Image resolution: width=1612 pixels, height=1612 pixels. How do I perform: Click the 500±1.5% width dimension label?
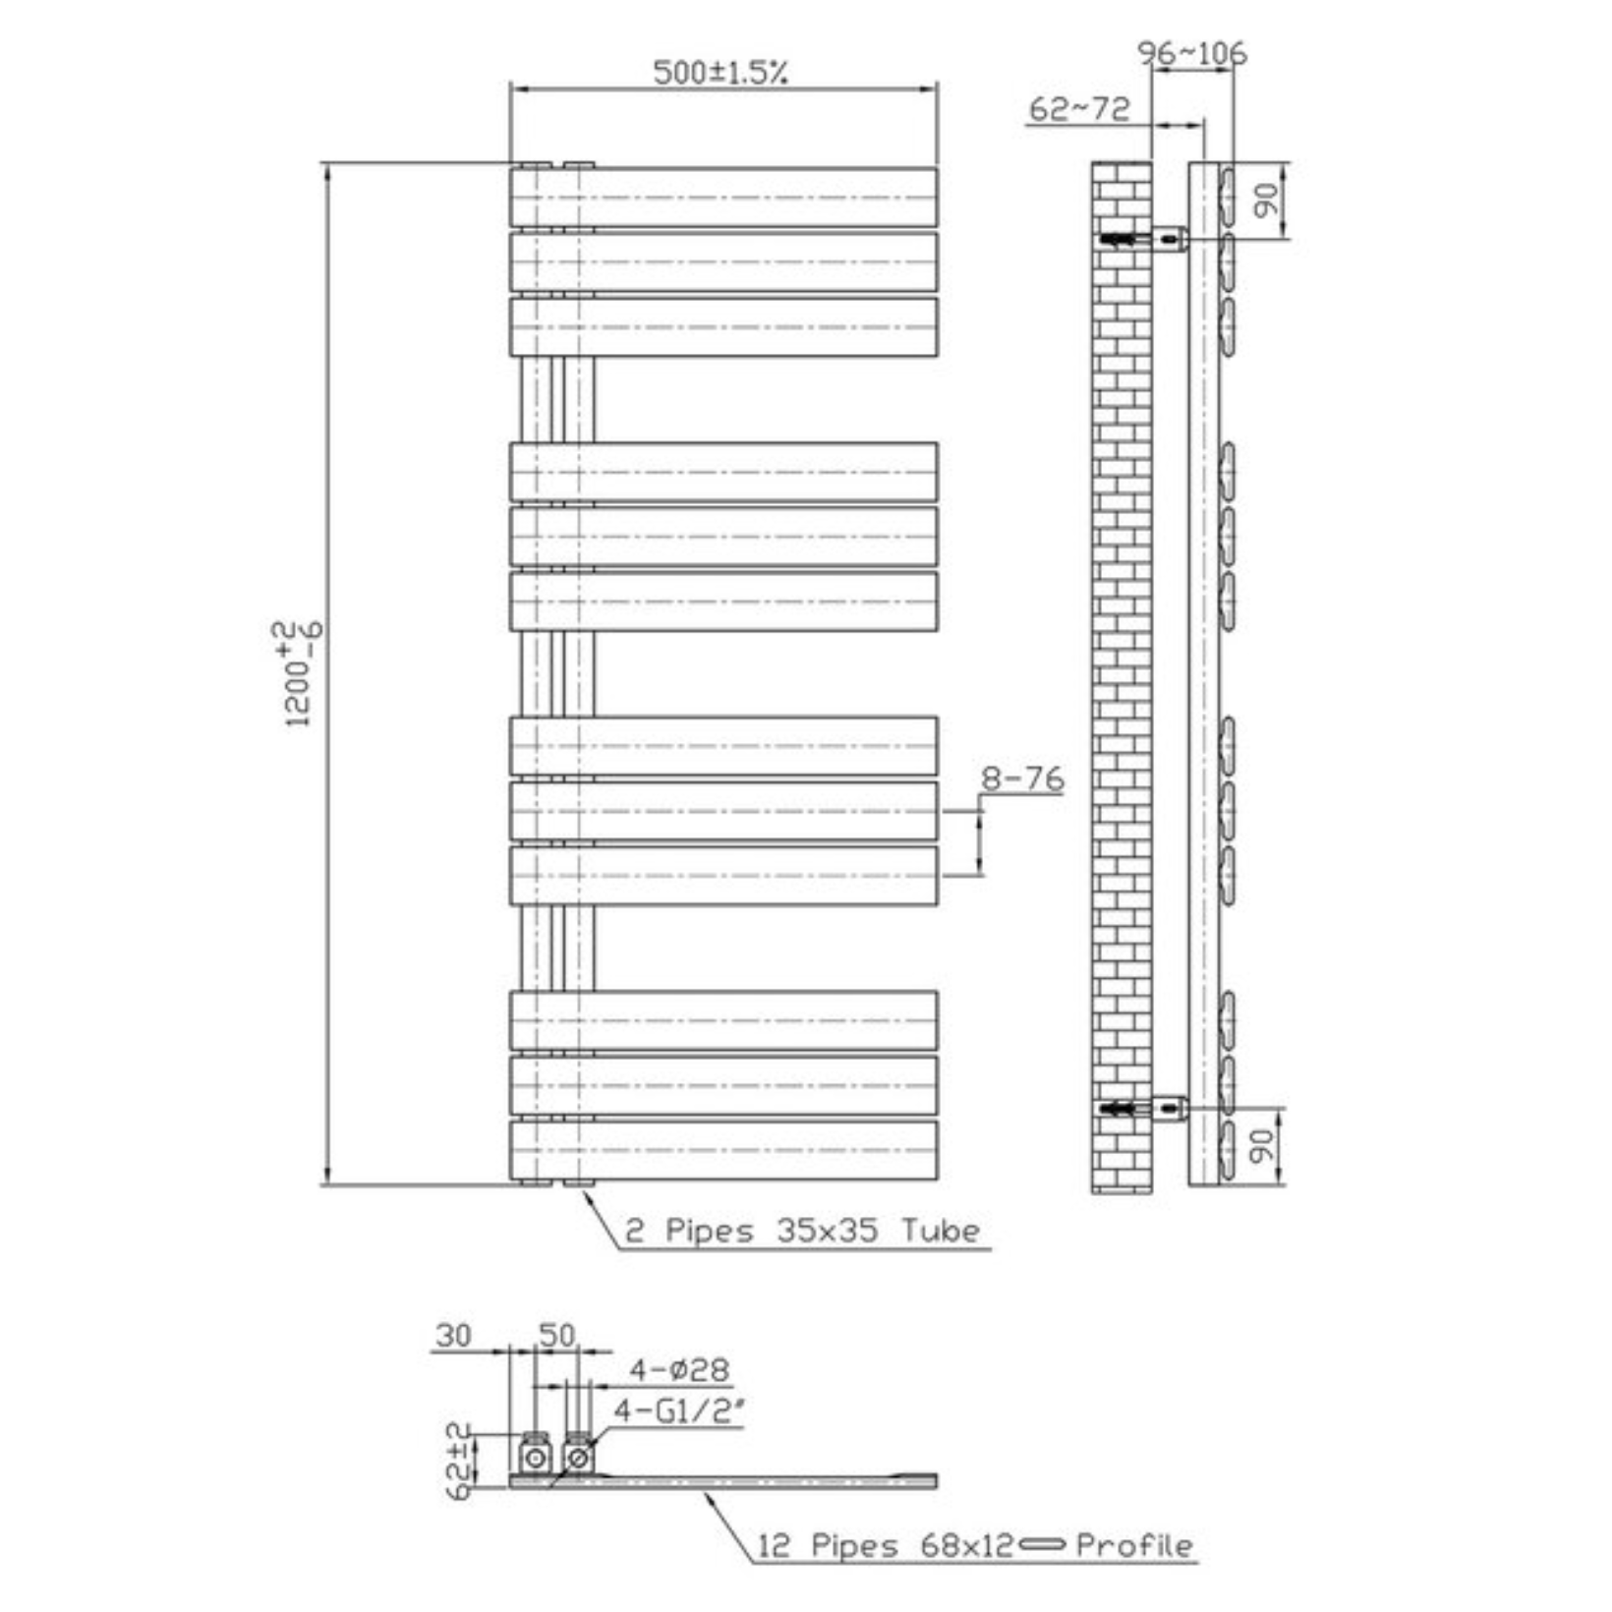pyautogui.click(x=720, y=72)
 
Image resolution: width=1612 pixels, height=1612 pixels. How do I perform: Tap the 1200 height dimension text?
pyautogui.click(x=297, y=674)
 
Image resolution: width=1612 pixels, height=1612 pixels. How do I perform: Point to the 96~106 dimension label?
pyautogui.click(x=1191, y=52)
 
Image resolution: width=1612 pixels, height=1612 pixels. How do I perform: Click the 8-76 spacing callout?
pyautogui.click(x=1022, y=779)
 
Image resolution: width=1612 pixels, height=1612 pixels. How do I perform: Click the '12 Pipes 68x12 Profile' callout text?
pyautogui.click(x=973, y=1546)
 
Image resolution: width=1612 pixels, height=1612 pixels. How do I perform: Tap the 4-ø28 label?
pyautogui.click(x=679, y=1369)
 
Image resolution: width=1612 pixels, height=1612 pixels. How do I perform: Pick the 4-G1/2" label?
pyautogui.click(x=679, y=1411)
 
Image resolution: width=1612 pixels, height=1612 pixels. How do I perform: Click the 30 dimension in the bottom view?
pyautogui.click(x=453, y=1336)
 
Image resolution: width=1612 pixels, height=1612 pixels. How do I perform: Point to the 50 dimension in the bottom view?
pyautogui.click(x=556, y=1336)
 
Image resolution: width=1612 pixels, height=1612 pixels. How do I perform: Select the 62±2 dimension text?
pyautogui.click(x=459, y=1461)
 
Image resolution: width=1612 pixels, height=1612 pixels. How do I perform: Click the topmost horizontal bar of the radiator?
pyautogui.click(x=723, y=198)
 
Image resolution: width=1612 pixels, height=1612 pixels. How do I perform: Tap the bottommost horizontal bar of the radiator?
pyautogui.click(x=723, y=1150)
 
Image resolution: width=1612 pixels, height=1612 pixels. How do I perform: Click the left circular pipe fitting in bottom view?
pyautogui.click(x=536, y=1458)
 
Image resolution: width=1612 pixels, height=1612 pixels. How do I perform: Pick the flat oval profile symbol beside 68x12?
pyautogui.click(x=1042, y=1545)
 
